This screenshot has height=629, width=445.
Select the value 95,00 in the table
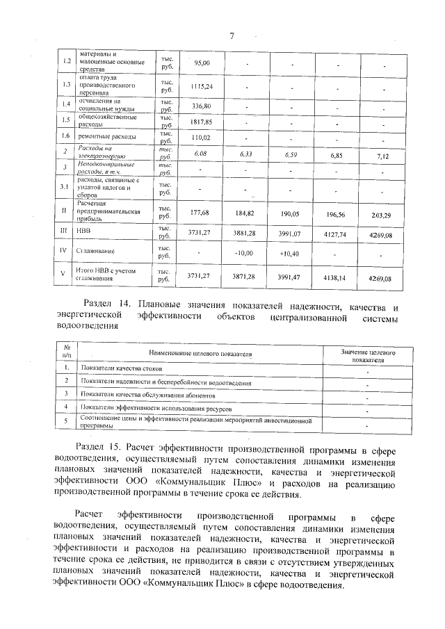tap(202, 63)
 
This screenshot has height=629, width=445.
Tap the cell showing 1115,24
tap(202, 86)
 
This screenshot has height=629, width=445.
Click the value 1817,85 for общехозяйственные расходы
tap(202, 122)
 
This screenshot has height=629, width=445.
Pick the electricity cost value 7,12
tap(382, 154)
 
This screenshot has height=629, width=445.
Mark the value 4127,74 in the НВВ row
tap(337, 234)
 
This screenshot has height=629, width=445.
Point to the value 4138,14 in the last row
tap(337, 277)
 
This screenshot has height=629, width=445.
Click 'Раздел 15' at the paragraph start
tap(97, 446)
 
